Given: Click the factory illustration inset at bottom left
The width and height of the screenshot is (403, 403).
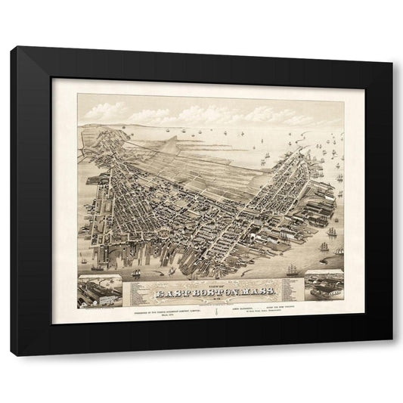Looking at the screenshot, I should tap(100, 291).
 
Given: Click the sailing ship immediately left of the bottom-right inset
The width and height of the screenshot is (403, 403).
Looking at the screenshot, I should tap(292, 268).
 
